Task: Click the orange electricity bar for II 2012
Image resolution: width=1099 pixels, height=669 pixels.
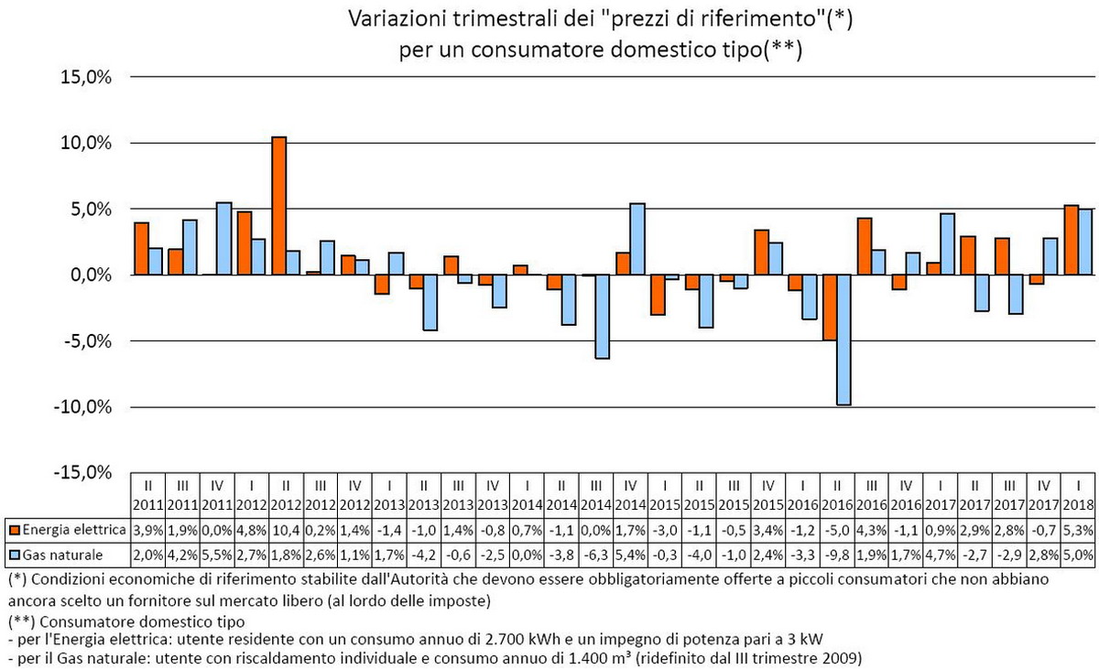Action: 279,206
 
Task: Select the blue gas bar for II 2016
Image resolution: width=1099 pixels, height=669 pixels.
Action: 843,340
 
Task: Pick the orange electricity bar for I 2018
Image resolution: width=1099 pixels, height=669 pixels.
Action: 1071,240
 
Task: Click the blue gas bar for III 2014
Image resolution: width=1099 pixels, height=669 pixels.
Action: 603,317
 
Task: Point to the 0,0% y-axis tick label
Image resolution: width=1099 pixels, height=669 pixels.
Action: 88,275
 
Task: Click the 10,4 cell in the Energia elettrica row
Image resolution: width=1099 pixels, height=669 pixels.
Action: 286,530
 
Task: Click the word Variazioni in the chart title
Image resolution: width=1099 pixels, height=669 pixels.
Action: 391,19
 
